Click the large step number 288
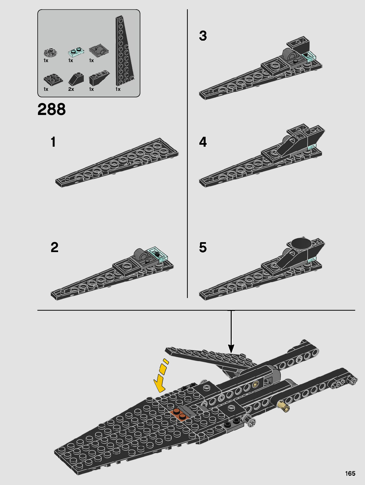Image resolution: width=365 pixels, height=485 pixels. [51, 109]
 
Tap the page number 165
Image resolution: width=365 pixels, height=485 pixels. [350, 473]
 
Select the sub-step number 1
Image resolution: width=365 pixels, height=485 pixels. [53, 142]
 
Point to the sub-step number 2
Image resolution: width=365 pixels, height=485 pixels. [54, 247]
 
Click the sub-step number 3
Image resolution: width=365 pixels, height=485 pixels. [203, 36]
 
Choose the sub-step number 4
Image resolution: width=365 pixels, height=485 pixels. [203, 142]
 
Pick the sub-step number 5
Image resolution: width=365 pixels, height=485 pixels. [203, 247]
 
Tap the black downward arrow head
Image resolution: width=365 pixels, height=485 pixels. [231, 348]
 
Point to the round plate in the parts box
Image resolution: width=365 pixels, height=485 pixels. [50, 52]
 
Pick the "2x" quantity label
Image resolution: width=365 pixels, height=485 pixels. [71, 89]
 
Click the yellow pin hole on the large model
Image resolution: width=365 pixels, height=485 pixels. [255, 384]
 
